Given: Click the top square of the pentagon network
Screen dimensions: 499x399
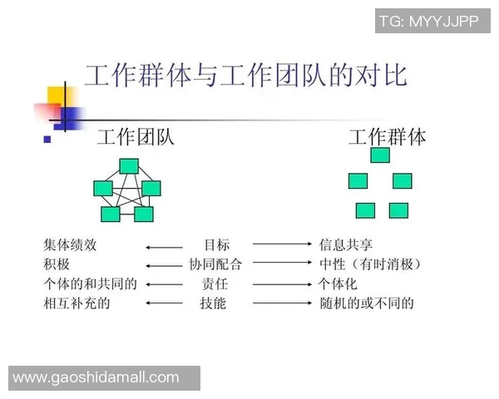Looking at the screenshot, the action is click(128, 166).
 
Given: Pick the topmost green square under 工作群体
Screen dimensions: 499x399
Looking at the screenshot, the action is click(380, 155).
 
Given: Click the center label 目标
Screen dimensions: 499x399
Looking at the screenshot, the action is click(216, 245).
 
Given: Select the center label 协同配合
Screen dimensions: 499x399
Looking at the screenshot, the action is click(216, 265).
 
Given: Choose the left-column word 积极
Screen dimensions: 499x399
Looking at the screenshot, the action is click(57, 265).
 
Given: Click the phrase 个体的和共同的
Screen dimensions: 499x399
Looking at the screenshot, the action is click(90, 284).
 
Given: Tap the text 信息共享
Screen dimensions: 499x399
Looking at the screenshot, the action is click(346, 245).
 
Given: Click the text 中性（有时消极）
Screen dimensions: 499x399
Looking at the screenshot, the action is click(370, 265).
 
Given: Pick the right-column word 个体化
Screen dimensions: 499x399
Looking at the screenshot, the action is click(339, 284).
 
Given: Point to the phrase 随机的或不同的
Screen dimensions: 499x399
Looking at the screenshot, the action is click(367, 303).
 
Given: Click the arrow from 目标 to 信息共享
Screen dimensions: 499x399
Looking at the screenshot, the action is click(282, 244).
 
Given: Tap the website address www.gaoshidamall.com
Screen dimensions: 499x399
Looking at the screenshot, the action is click(96, 377).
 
